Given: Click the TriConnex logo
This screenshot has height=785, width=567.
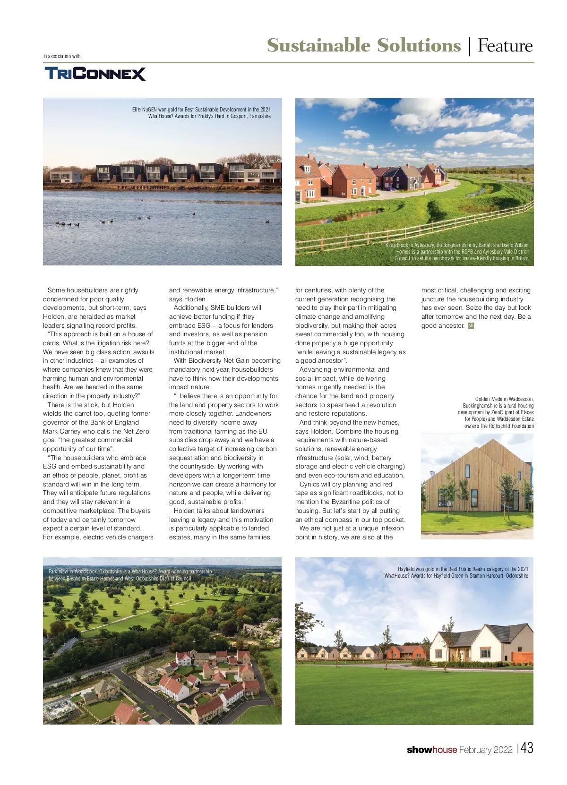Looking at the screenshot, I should [x=95, y=74].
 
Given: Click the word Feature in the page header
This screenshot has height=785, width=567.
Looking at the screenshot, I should [x=505, y=46].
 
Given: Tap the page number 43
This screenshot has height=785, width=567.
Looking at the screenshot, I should [x=527, y=748].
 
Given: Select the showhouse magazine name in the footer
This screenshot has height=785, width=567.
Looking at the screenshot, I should [x=431, y=750].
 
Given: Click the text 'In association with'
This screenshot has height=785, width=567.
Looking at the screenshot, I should [x=62, y=56].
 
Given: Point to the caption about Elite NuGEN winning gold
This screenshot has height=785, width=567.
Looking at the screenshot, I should [x=202, y=113].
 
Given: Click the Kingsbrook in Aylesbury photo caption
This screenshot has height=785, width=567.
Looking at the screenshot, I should [x=457, y=252].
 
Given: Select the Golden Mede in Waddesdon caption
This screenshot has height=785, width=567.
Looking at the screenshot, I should [x=496, y=412].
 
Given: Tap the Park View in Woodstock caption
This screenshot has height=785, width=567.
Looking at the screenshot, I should [x=130, y=575].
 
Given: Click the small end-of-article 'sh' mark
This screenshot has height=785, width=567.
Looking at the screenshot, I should [x=471, y=326].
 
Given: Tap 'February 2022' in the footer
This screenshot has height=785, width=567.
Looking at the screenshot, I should [x=485, y=750].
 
